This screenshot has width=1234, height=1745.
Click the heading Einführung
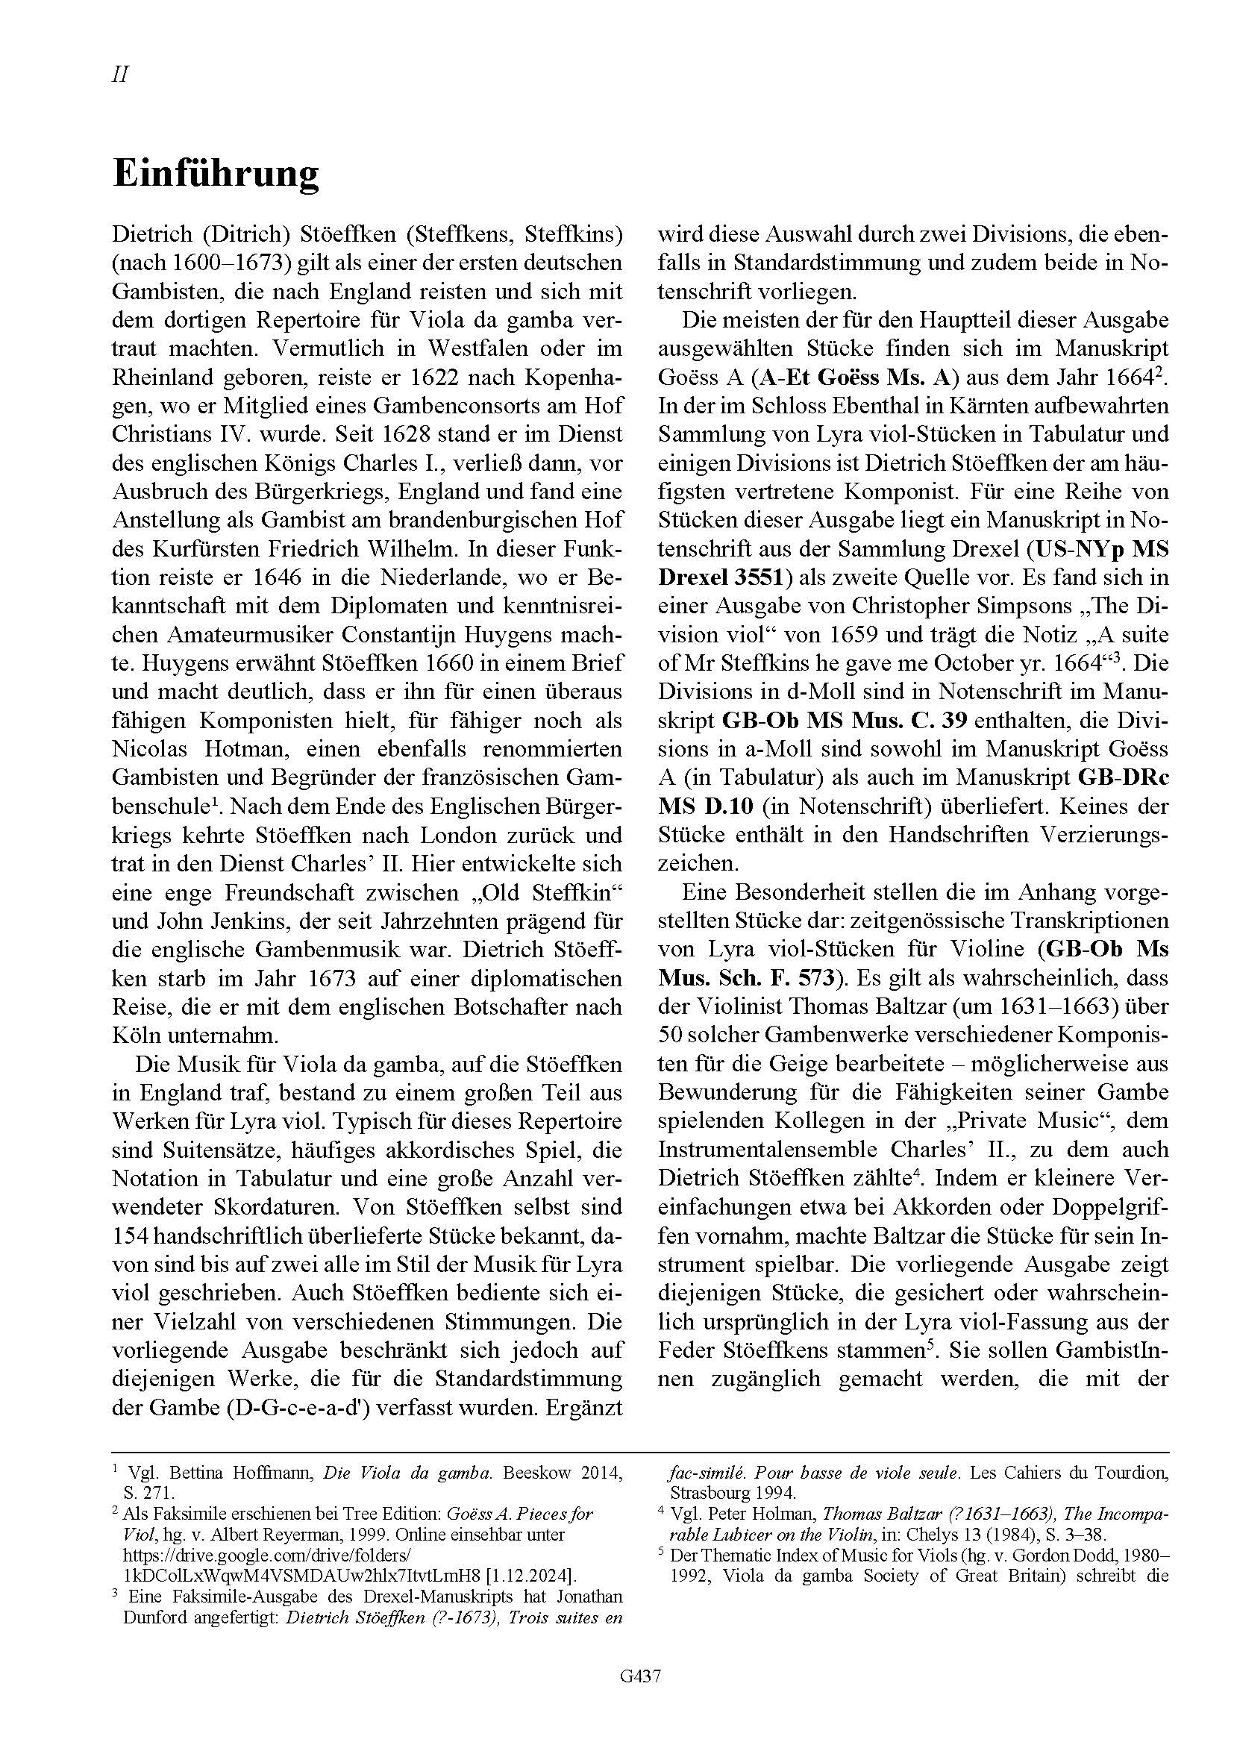[216, 174]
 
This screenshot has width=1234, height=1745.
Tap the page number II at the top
[120, 75]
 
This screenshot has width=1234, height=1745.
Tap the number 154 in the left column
[134, 1235]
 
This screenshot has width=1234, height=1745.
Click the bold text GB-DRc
[1123, 777]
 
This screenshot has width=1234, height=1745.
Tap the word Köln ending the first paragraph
[137, 1036]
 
